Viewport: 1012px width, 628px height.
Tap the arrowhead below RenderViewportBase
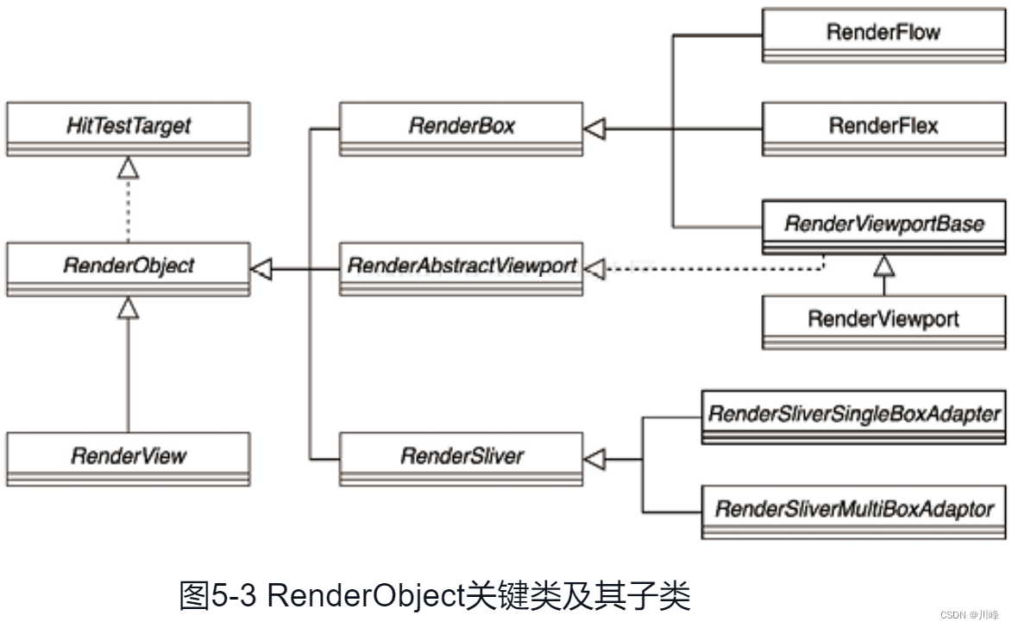pos(883,266)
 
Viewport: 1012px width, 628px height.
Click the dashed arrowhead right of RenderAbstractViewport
pos(595,271)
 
